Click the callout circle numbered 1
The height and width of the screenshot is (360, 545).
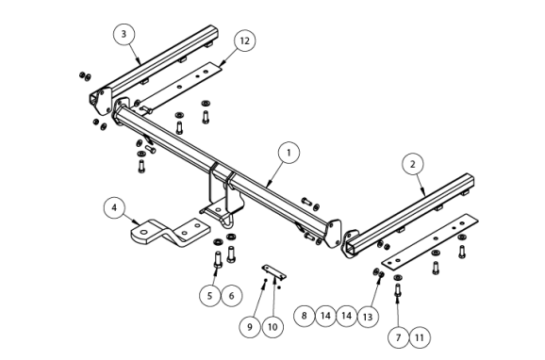(289, 153)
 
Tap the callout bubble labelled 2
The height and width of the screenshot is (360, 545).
(413, 164)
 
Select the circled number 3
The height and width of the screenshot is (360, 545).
(124, 34)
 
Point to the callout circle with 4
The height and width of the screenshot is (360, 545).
(114, 208)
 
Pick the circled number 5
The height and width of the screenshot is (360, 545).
(210, 296)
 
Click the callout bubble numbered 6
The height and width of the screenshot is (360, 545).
(232, 296)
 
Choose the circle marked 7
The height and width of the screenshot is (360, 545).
(398, 337)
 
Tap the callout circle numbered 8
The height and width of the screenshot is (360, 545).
(305, 316)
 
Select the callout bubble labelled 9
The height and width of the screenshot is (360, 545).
(250, 327)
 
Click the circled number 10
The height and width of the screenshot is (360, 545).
(272, 327)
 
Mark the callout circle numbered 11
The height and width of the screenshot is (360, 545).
(420, 337)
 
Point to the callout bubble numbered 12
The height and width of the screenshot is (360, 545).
(245, 41)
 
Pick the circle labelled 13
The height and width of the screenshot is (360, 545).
(368, 317)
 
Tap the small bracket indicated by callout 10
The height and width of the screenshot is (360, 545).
(273, 271)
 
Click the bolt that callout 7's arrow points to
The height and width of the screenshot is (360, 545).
(398, 289)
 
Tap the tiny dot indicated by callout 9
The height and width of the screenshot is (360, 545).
(266, 280)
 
